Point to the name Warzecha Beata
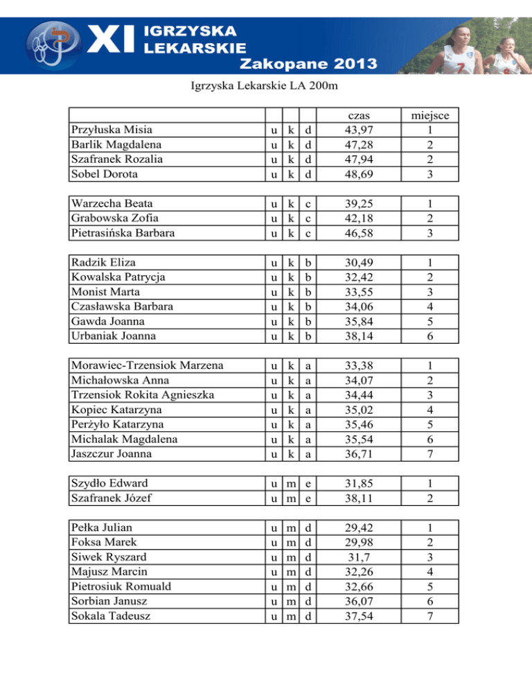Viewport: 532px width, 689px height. click(112, 204)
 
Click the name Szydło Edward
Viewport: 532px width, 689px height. click(109, 482)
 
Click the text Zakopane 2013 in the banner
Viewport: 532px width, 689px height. click(308, 64)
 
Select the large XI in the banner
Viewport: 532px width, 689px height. click(112, 39)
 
